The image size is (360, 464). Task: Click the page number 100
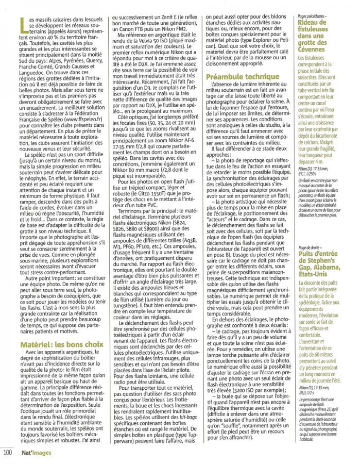(8, 453)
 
